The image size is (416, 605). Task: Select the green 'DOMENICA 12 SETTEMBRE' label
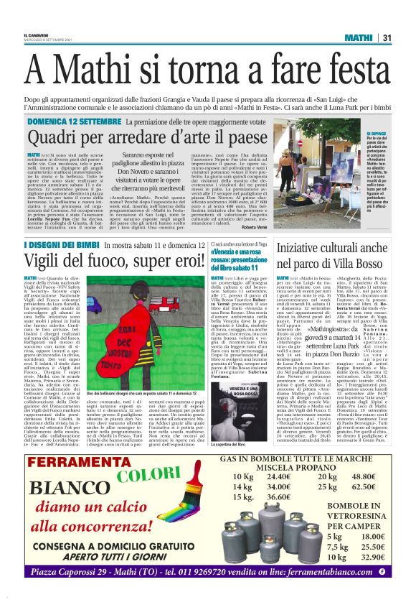coord(66,123)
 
